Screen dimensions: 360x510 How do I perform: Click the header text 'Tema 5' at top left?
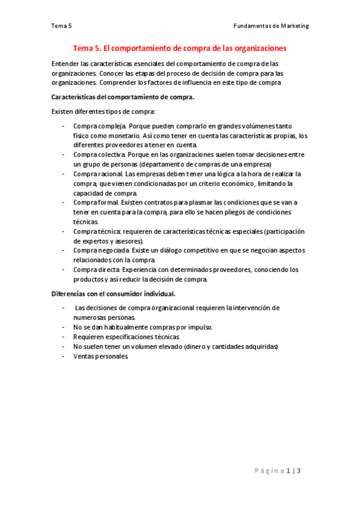62,26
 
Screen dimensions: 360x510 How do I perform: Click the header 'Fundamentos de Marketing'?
271,26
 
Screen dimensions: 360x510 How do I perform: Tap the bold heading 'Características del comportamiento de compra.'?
123,97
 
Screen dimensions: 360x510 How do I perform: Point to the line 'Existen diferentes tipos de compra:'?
103,111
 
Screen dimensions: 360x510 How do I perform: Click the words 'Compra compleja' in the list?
99,126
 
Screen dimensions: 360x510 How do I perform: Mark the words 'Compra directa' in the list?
97,270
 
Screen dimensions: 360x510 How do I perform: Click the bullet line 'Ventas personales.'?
100,356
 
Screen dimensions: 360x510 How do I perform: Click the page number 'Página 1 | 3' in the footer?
276,470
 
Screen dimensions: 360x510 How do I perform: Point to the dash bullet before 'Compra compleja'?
64,126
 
